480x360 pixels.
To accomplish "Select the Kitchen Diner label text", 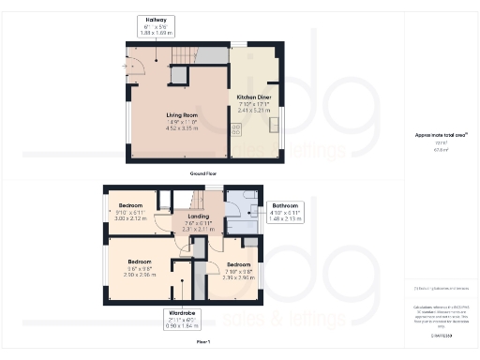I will tap(253, 97).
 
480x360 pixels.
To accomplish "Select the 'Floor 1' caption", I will tap(203, 343).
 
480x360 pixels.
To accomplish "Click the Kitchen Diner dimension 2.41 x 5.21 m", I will tap(253, 109).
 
